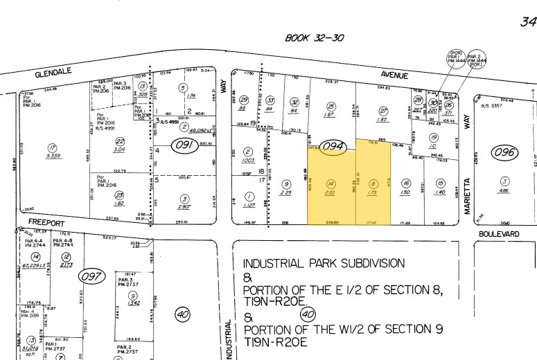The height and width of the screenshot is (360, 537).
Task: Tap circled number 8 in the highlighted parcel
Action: click(373, 183)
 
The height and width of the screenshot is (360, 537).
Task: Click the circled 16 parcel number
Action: click(406, 183)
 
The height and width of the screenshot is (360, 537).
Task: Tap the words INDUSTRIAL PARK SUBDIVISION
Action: click(324, 263)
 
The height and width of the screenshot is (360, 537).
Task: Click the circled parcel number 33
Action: click(271, 100)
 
